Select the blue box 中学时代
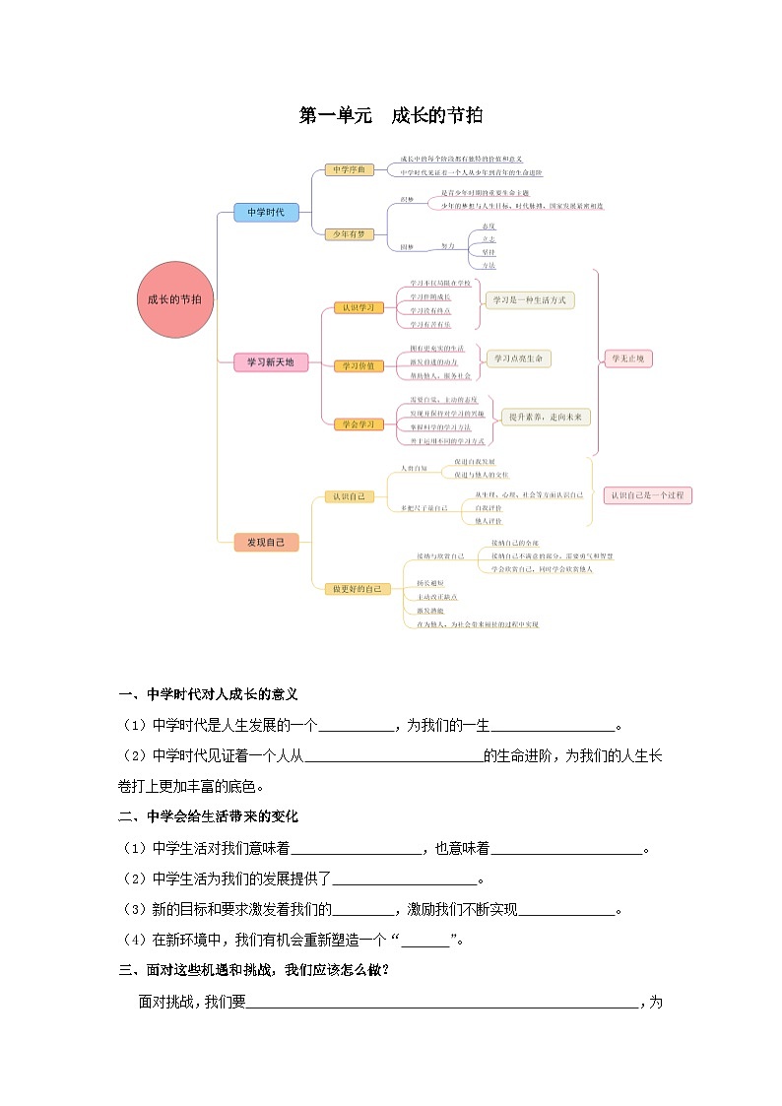265,212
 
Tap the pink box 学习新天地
271,362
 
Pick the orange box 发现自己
265,542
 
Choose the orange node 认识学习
358,307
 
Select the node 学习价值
358,365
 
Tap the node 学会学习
358,423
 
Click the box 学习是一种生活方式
529,299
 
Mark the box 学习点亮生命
518,358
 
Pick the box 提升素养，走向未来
546,417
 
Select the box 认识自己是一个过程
648,495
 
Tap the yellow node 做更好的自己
358,588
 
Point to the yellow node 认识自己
349,496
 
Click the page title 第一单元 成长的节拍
391,116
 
